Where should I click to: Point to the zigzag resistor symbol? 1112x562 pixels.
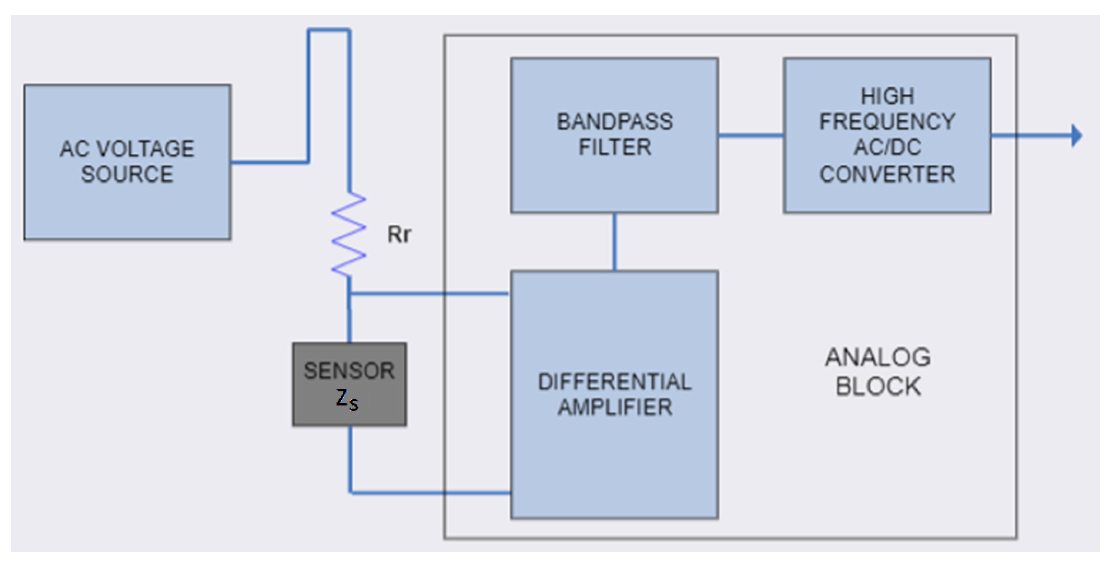coord(348,234)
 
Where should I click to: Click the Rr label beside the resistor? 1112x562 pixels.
coord(399,234)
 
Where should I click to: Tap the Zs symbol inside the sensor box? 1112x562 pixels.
coord(347,400)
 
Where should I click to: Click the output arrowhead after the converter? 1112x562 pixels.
coord(1076,136)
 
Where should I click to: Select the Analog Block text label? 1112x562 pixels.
coord(878,371)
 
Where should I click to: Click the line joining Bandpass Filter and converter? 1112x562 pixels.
coord(750,136)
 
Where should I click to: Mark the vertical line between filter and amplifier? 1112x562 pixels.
coord(614,242)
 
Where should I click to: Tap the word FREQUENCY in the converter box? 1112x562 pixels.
coord(887,122)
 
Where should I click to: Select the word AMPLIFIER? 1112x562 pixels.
coord(615,407)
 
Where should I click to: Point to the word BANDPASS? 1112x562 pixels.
coord(614,122)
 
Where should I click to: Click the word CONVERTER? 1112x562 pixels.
coord(887,174)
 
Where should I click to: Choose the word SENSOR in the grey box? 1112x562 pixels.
coord(348,370)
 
